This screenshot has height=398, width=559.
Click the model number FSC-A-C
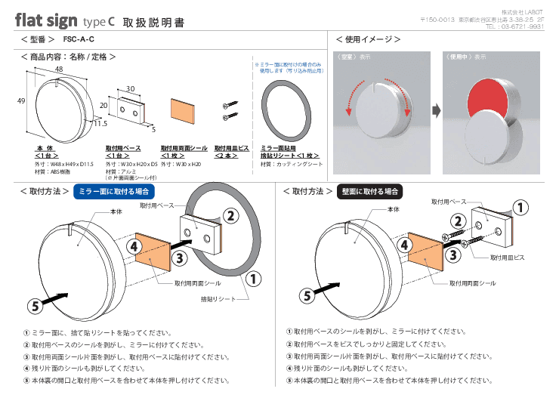(79, 39)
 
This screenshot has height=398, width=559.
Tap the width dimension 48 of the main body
(58, 69)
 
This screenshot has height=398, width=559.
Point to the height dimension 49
(21, 100)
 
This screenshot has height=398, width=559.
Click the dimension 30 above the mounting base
(130, 88)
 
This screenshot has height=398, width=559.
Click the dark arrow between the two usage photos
(437, 111)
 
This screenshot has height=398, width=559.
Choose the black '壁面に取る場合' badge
(371, 191)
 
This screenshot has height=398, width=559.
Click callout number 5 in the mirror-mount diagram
(34, 305)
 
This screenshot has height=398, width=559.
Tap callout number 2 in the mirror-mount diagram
(231, 214)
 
